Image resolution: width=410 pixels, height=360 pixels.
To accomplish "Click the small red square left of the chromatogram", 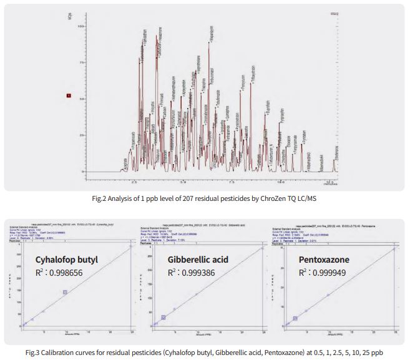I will tap(69, 96).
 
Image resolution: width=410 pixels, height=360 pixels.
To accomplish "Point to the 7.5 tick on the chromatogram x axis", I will tap(232, 182).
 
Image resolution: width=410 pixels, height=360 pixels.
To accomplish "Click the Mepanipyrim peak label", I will tap(210, 31).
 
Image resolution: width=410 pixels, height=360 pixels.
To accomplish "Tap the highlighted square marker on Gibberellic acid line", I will tap(164, 318).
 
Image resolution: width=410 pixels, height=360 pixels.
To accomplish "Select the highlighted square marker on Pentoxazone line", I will tap(295, 318).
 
